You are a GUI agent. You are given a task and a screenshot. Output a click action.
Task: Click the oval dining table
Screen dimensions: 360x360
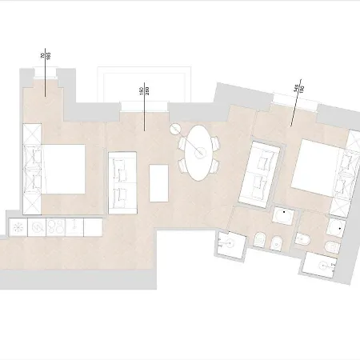tap(197, 150)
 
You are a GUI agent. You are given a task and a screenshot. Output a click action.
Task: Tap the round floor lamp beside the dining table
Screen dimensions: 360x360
tap(175, 130)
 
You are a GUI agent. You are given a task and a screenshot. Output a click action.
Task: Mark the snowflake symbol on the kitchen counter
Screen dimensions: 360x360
tap(17, 228)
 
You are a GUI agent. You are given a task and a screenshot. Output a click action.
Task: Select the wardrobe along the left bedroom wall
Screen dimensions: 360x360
tap(33, 170)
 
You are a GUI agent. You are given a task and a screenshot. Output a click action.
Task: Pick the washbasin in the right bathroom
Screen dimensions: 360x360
tap(335, 226)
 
